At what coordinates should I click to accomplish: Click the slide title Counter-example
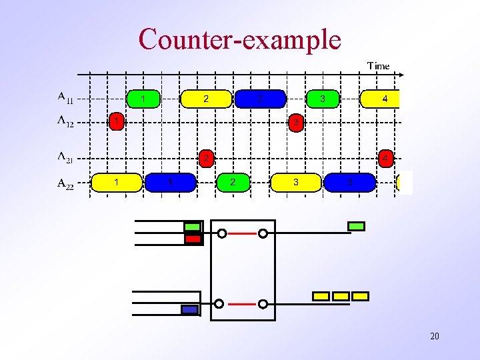pyautogui.click(x=240, y=39)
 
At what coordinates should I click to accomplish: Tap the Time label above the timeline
pyautogui.click(x=378, y=66)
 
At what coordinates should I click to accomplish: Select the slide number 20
pyautogui.click(x=434, y=336)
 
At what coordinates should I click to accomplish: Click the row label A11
pyautogui.click(x=65, y=99)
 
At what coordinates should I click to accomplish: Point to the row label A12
pyautogui.click(x=65, y=122)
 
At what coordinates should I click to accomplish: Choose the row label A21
pyautogui.click(x=65, y=158)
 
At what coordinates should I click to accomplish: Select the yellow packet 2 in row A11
pyautogui.click(x=206, y=99)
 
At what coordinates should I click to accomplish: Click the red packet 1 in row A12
pyautogui.click(x=117, y=122)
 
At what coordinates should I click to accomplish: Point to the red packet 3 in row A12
pyautogui.click(x=295, y=123)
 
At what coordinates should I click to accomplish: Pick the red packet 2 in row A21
pyautogui.click(x=207, y=159)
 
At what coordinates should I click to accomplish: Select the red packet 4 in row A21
pyautogui.click(x=385, y=159)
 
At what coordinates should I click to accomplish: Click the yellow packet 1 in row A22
pyautogui.click(x=117, y=182)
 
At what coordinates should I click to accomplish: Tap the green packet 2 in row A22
pyautogui.click(x=232, y=182)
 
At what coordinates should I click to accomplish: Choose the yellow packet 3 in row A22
pyautogui.click(x=296, y=182)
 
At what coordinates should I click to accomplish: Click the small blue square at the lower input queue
pyautogui.click(x=190, y=309)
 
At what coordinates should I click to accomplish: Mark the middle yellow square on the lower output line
pyautogui.click(x=341, y=296)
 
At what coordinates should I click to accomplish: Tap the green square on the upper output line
pyautogui.click(x=357, y=227)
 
